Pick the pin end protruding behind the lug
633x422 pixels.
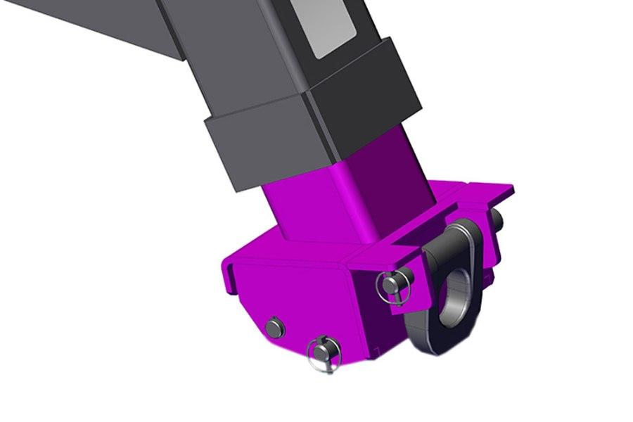[x=497, y=219]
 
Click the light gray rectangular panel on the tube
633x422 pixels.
[x=327, y=32]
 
